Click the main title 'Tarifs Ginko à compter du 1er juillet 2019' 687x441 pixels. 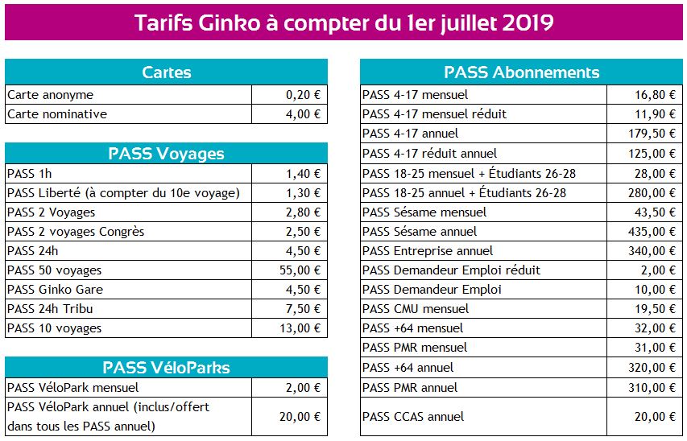(x=344, y=23)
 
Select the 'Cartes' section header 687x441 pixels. (x=167, y=72)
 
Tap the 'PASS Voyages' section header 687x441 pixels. (x=166, y=154)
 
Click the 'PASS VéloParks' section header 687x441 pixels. (x=166, y=368)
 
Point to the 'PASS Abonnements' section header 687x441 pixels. (x=521, y=72)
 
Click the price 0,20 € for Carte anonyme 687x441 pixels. (x=303, y=95)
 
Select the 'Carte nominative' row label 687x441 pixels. (x=57, y=114)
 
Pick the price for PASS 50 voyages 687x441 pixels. (x=300, y=270)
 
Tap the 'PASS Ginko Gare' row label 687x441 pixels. (x=56, y=290)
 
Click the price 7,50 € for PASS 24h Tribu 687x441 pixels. (x=303, y=309)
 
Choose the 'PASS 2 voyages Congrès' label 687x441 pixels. (x=76, y=232)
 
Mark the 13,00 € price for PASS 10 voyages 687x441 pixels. (x=300, y=328)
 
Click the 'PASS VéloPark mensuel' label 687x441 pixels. (x=72, y=388)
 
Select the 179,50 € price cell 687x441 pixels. (x=652, y=134)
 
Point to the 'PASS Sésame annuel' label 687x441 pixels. (x=420, y=232)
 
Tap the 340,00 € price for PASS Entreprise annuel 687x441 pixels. (x=652, y=251)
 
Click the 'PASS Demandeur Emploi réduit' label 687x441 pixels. (x=451, y=270)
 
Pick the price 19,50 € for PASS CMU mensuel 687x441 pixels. (x=655, y=309)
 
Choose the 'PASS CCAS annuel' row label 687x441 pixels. (x=413, y=417)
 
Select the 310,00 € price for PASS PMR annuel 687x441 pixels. (x=652, y=388)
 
